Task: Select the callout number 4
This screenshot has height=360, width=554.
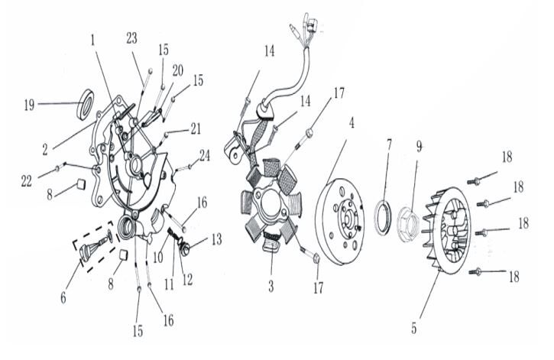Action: (x=351, y=122)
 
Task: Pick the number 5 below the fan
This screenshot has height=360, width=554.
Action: (x=414, y=329)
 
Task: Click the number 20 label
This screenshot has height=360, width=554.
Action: (x=177, y=69)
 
